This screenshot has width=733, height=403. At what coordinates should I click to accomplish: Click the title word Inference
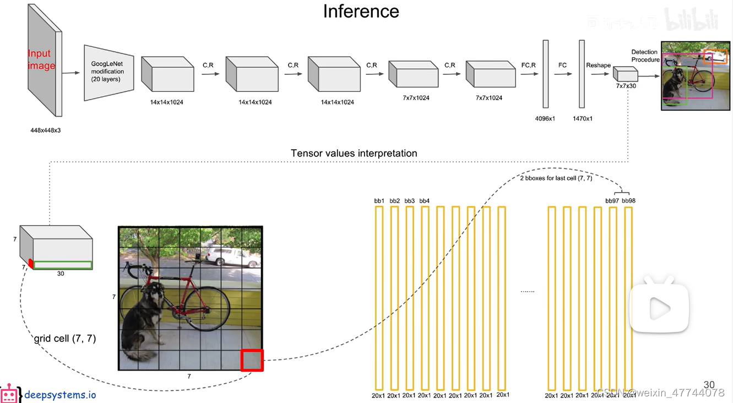click(x=361, y=12)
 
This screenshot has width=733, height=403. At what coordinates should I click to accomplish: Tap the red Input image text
click(x=42, y=59)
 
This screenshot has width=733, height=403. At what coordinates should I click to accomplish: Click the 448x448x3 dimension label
click(x=46, y=131)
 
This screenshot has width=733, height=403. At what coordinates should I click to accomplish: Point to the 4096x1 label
click(x=545, y=118)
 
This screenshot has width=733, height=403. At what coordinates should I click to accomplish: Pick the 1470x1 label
click(x=582, y=118)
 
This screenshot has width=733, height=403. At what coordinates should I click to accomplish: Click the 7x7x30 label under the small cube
click(x=626, y=86)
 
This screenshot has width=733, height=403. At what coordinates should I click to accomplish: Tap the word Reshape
click(x=598, y=65)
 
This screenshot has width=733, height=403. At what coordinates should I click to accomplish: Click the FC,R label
click(x=528, y=65)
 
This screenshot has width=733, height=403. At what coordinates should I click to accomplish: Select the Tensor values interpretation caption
click(x=354, y=153)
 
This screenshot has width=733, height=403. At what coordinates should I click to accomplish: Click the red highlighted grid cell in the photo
click(x=252, y=360)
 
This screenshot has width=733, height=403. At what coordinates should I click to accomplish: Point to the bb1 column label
click(x=379, y=201)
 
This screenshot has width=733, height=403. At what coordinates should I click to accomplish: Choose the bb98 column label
click(x=628, y=201)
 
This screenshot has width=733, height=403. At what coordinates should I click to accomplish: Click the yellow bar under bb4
click(x=425, y=297)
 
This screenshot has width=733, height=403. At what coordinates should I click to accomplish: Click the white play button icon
click(x=659, y=308)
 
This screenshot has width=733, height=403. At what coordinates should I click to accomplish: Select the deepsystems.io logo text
click(x=60, y=395)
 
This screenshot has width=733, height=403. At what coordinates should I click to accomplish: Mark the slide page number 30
click(x=709, y=385)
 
